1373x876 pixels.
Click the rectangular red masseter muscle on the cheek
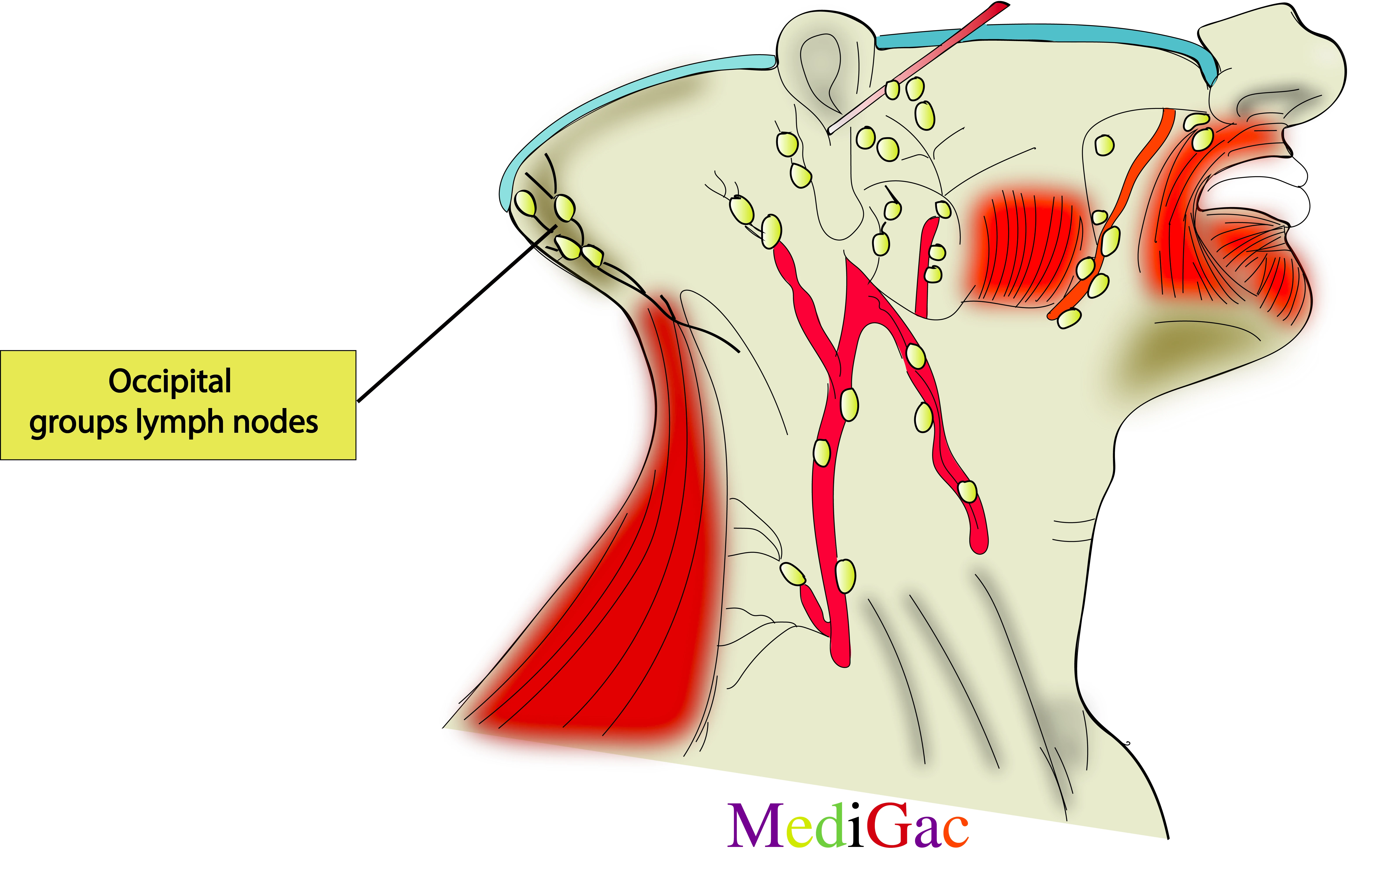click(1026, 248)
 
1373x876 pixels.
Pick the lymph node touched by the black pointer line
click(567, 247)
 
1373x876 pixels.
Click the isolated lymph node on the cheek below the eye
click(1104, 145)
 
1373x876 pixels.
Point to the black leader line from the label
click(456, 314)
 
